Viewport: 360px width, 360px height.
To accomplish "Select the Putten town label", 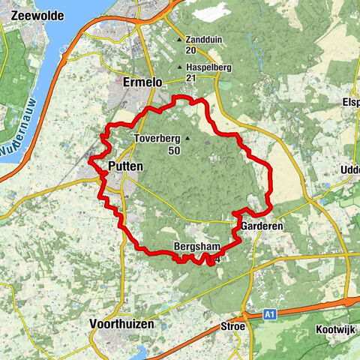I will click(124, 166).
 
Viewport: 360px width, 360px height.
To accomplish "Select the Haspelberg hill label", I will click(208, 67).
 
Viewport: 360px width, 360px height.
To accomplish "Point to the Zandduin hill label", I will click(205, 39).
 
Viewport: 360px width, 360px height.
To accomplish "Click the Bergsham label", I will click(194, 247).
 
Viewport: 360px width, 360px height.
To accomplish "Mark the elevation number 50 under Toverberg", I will click(174, 151).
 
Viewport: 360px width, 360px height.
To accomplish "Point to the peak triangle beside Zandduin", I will click(178, 39).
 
